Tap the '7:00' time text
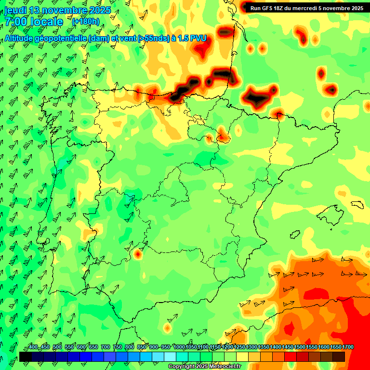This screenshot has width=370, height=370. tap(16, 22)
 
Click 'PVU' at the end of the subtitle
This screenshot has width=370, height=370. tap(198, 39)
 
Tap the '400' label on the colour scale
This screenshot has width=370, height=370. tap(33, 347)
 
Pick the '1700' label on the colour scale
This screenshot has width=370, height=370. tap(348, 347)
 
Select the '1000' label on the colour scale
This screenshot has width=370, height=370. tap(179, 347)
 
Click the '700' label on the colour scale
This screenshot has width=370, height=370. tap(106, 347)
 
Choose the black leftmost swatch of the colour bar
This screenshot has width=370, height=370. tap(25, 357)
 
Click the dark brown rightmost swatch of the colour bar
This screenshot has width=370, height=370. tap(339, 357)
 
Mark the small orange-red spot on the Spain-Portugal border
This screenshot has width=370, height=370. tap(139, 253)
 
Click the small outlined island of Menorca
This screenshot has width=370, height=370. tap(357, 204)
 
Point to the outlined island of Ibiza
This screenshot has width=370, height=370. tap(295, 234)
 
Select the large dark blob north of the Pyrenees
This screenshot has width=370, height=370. tap(255, 96)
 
